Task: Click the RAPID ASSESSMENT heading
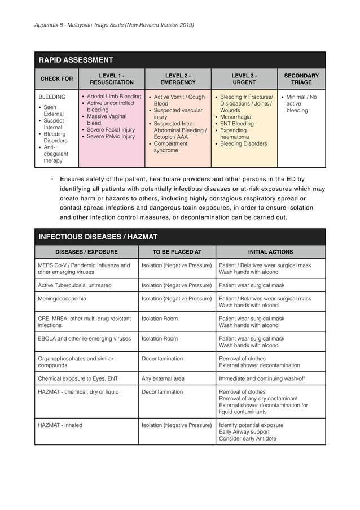click(x=76, y=60)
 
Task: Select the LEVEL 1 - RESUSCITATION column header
click(x=112, y=79)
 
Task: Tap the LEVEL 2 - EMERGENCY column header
click(x=178, y=79)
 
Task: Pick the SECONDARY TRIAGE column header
click(x=301, y=79)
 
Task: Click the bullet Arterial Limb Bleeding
click(x=114, y=97)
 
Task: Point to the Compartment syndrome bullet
click(x=170, y=147)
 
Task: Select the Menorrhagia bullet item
click(x=236, y=117)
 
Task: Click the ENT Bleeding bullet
click(x=236, y=124)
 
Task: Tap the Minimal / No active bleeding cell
click(x=301, y=104)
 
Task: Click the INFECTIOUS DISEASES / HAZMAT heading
click(x=98, y=237)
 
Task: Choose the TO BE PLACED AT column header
click(x=177, y=252)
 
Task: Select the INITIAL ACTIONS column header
click(x=270, y=252)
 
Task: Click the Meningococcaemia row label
click(x=62, y=299)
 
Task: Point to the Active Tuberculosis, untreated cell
click(x=74, y=285)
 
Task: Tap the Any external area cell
click(x=163, y=378)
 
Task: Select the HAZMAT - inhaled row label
click(x=60, y=425)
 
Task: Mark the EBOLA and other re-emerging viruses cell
click(x=84, y=339)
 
